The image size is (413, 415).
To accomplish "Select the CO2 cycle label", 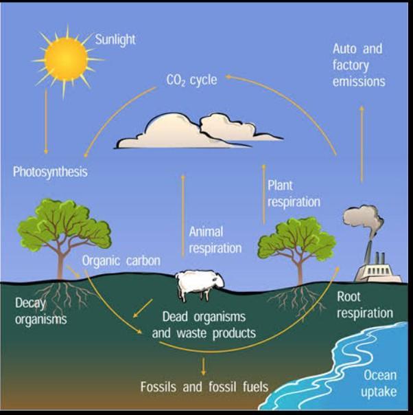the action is [192, 80].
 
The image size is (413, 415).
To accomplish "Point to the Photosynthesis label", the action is [50, 172].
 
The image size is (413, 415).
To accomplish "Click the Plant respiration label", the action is [294, 193].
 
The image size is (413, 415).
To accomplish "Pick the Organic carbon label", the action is [121, 261].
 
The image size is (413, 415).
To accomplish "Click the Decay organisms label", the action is [40, 311].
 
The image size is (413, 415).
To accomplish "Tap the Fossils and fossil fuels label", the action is [204, 385].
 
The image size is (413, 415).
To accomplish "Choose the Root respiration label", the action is [365, 304].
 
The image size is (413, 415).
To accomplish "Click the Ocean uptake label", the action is [379, 383].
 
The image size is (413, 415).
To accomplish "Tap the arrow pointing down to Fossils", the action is [204, 363].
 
